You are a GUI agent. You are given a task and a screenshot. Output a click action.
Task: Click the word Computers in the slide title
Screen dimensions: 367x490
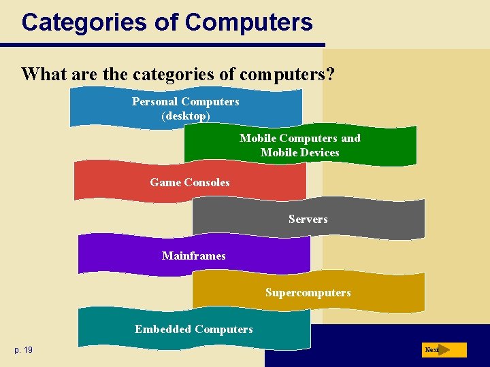click(x=248, y=22)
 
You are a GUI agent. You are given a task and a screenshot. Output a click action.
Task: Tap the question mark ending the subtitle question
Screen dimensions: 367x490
click(x=330, y=73)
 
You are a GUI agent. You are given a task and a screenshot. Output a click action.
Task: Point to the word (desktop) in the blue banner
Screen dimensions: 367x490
click(x=186, y=116)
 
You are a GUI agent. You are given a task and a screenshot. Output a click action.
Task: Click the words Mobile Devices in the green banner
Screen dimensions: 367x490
click(x=299, y=153)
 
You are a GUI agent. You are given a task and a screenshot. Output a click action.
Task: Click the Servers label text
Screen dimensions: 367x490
click(x=308, y=219)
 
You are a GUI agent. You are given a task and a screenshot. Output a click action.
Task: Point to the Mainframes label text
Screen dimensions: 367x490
click(x=194, y=256)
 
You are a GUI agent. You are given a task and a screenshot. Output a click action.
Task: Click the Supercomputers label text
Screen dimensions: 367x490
click(x=308, y=293)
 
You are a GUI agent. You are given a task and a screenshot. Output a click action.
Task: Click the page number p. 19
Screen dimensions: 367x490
click(x=23, y=350)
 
